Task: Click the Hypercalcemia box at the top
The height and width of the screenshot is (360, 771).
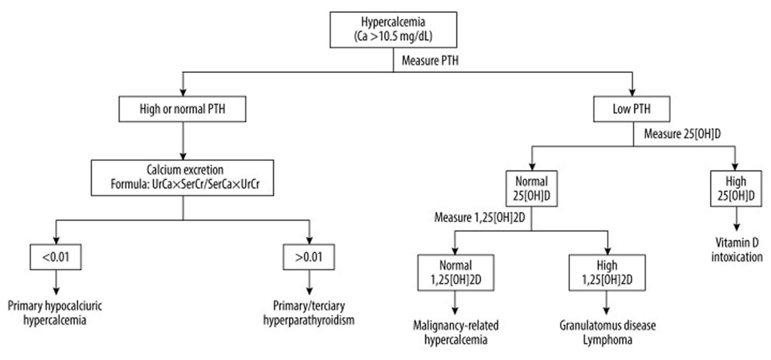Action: click(x=393, y=30)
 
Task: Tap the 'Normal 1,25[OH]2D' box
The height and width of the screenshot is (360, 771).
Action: click(x=455, y=273)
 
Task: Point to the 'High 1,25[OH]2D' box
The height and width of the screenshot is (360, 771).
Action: click(x=608, y=273)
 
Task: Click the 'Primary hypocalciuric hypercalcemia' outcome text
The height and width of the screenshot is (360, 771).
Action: click(x=56, y=313)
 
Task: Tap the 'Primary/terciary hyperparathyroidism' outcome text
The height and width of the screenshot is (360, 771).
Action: click(x=308, y=313)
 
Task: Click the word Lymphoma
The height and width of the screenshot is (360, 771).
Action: click(x=608, y=340)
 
